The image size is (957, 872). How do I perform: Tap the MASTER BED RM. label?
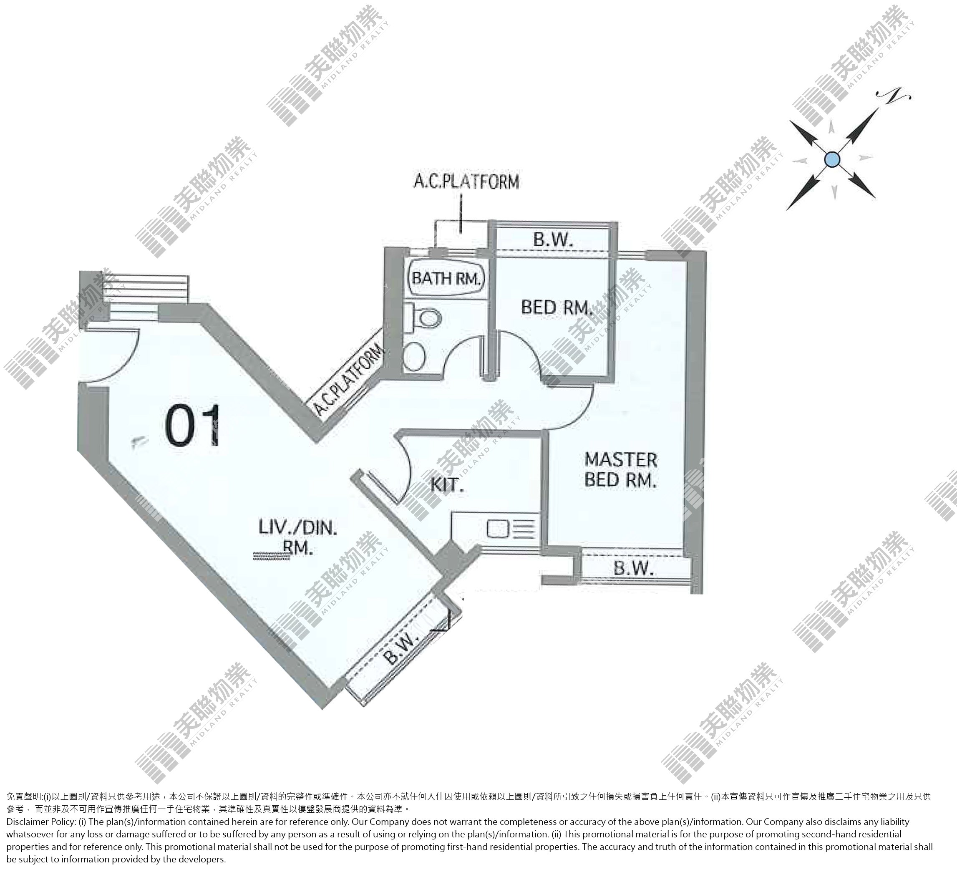pyautogui.click(x=621, y=469)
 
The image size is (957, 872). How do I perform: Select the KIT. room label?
pyautogui.click(x=447, y=485)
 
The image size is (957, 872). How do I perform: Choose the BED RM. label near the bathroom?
pyautogui.click(x=557, y=307)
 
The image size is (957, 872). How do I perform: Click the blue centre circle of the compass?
pyautogui.click(x=832, y=159)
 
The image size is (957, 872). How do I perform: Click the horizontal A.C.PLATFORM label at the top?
pyautogui.click(x=466, y=182)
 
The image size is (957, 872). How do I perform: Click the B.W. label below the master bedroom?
pyautogui.click(x=634, y=568)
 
